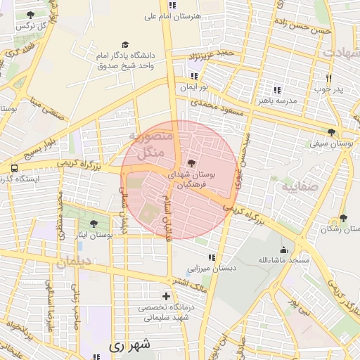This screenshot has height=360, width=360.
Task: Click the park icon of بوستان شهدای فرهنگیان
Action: (x=191, y=163)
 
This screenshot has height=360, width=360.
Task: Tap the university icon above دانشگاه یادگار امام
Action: (x=125, y=44)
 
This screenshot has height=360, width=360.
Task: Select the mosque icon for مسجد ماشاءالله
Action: (x=283, y=250)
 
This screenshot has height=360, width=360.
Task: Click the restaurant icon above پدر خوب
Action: (x=328, y=78)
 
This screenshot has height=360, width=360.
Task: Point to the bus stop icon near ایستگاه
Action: (x=14, y=169)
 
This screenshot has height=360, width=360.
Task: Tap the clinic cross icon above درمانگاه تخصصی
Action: (x=166, y=296)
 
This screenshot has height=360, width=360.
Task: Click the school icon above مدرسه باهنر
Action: (x=277, y=90)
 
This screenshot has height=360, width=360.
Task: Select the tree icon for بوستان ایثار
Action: (x=94, y=224)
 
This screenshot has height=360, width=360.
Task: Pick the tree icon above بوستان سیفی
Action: (x=330, y=132)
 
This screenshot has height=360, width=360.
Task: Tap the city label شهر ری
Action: (x=131, y=346)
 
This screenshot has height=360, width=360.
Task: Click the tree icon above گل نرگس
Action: (x=30, y=14)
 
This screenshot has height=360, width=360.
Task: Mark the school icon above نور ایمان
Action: (x=193, y=76)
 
